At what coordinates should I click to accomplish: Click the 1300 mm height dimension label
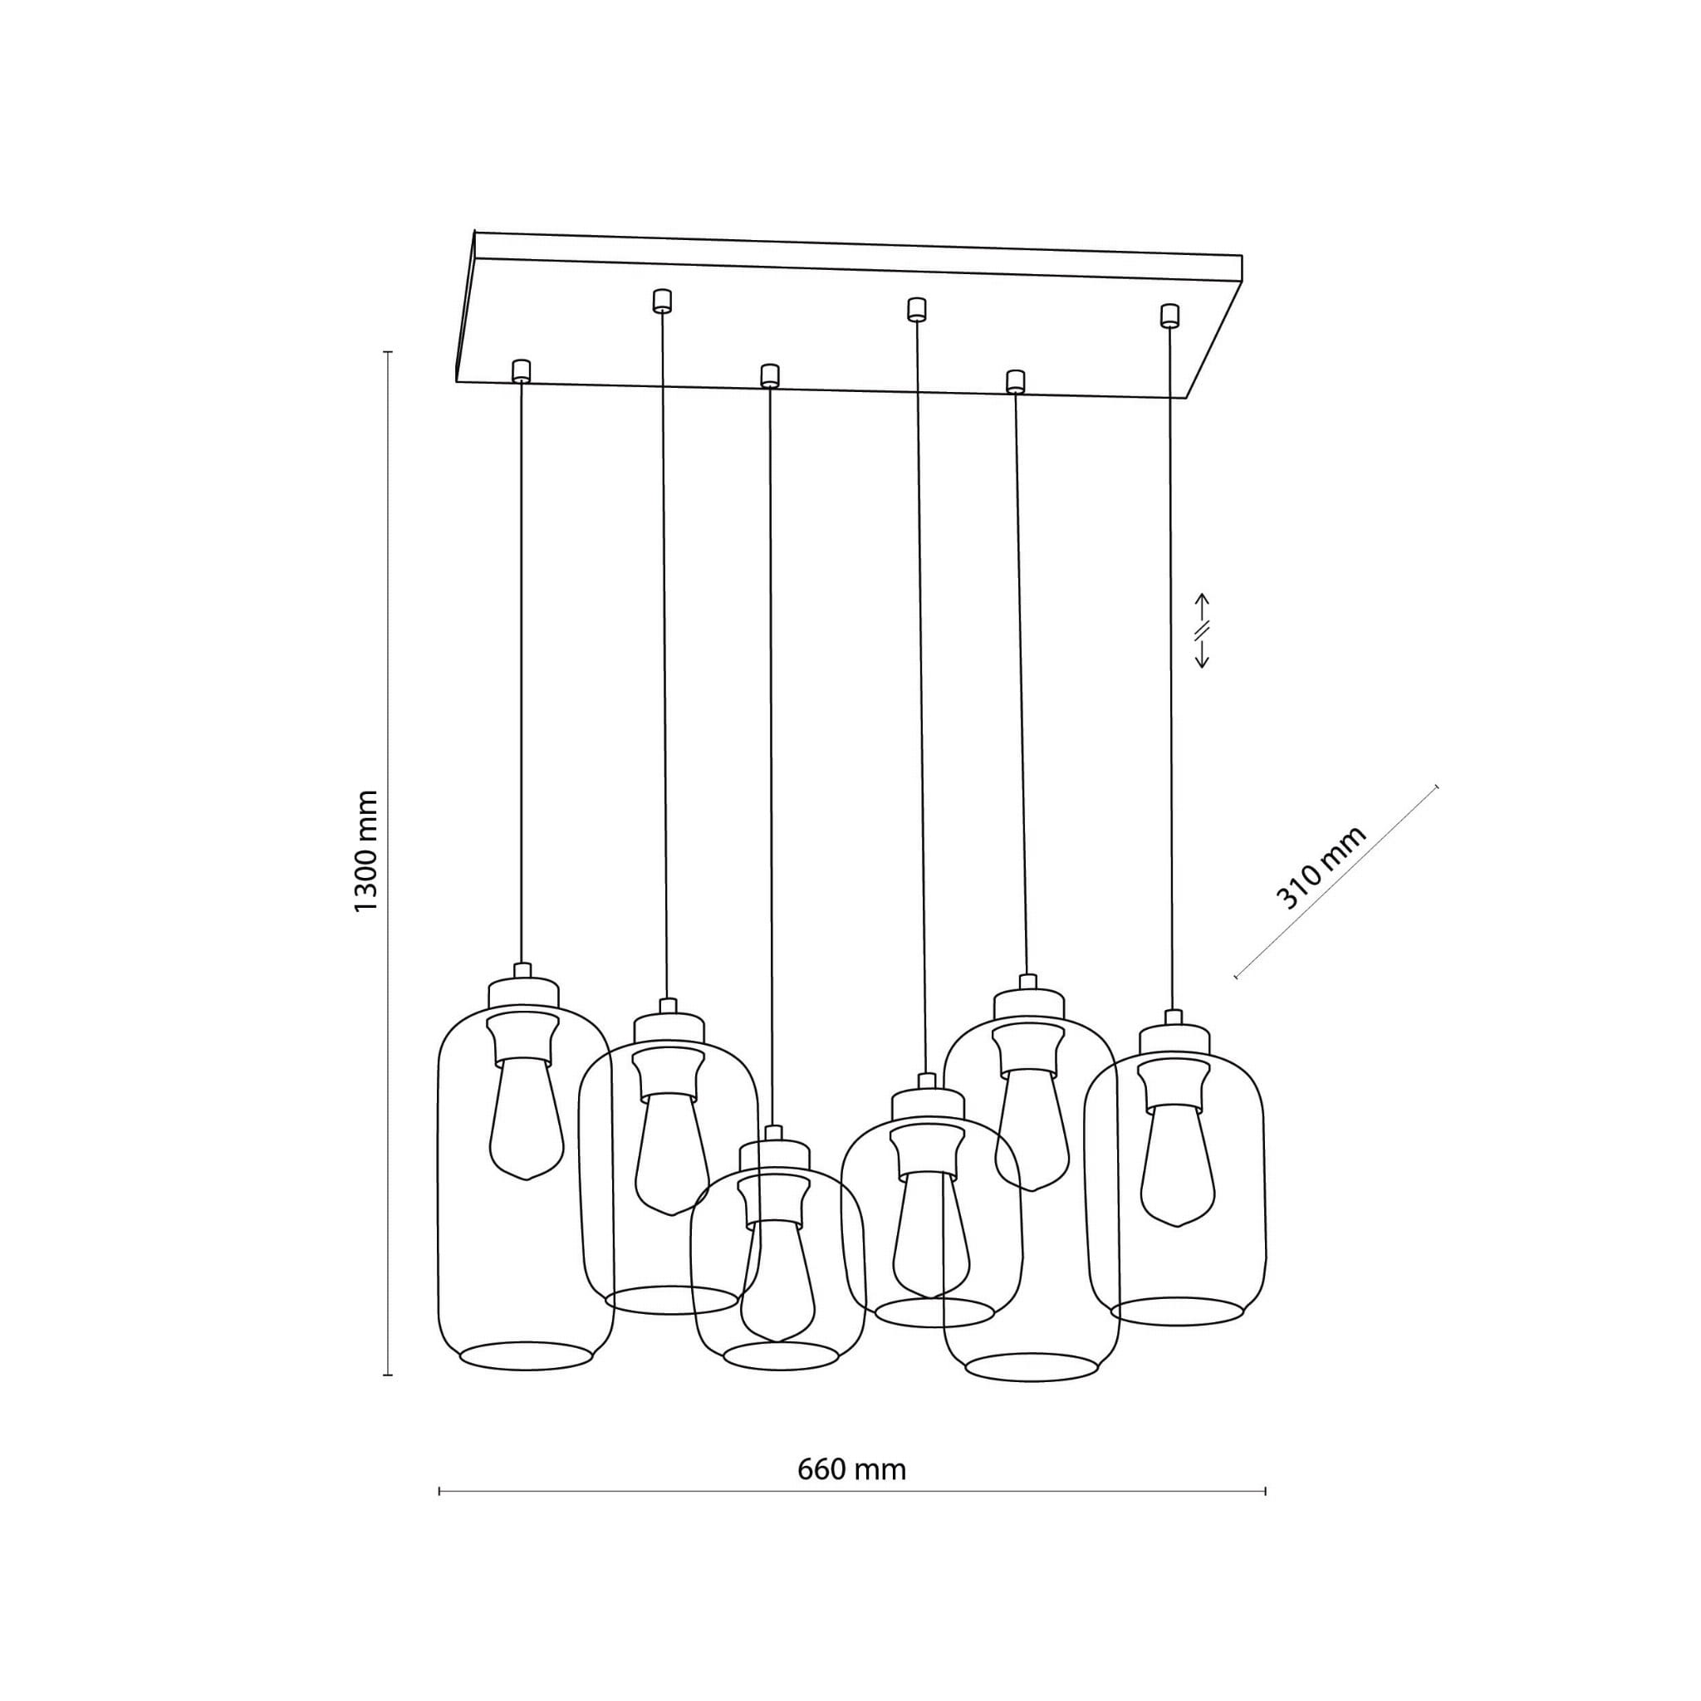(365, 851)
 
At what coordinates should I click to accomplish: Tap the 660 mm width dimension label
(851, 1469)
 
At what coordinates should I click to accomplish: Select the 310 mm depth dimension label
(1321, 868)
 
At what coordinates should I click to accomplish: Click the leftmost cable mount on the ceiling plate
(522, 370)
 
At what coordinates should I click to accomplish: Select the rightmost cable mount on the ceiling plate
(1169, 315)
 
